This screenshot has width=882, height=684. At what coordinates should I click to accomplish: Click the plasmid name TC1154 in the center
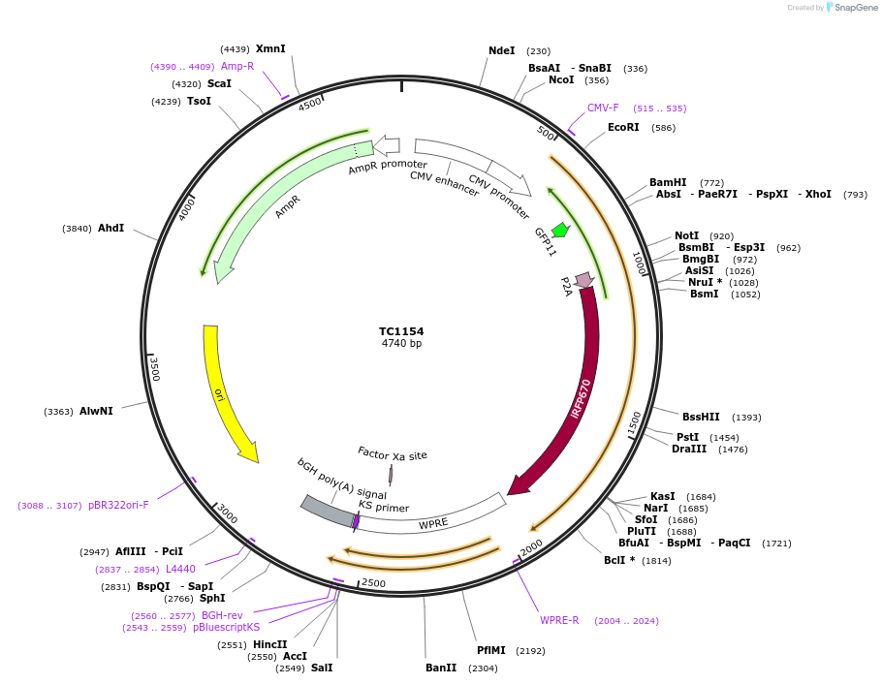[401, 331]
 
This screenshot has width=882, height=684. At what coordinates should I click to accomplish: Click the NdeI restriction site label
[502, 50]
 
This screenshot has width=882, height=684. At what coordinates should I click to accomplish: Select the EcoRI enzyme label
[623, 127]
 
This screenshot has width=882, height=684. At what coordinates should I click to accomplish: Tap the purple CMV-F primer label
[603, 108]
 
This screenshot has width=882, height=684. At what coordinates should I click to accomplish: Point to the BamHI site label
[668, 182]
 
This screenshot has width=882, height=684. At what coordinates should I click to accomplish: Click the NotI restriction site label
[686, 235]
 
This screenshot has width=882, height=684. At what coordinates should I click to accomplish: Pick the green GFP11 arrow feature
[560, 231]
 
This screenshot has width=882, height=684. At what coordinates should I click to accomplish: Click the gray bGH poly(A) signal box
[328, 511]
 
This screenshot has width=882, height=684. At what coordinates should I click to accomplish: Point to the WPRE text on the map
[433, 524]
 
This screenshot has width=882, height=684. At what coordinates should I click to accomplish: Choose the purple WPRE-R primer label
[559, 620]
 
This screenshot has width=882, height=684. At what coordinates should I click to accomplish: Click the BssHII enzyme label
[701, 417]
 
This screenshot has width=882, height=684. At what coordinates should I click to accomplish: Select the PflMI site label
[491, 650]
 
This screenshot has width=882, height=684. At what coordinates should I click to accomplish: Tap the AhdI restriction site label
[110, 228]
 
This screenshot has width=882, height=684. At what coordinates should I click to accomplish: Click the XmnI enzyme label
[270, 48]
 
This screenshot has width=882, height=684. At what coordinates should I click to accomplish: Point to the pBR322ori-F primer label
[118, 505]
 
